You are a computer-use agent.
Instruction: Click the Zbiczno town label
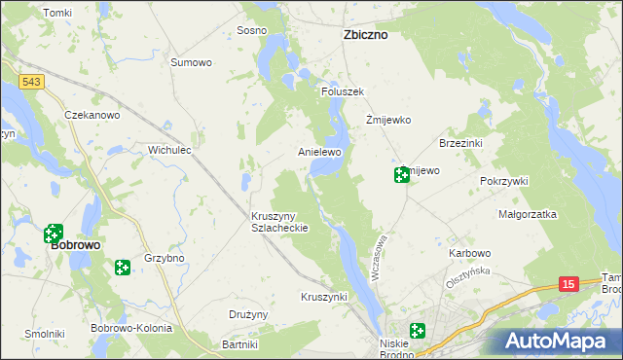[366, 34]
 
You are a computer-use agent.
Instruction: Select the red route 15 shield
[569, 283]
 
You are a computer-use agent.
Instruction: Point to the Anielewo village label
[319, 153]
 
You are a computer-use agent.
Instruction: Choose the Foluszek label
[343, 91]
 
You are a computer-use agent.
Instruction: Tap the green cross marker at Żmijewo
[401, 175]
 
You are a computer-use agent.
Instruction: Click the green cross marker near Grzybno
[122, 267]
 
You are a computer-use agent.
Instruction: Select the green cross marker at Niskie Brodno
[418, 332]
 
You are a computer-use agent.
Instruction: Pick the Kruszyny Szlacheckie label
[279, 221]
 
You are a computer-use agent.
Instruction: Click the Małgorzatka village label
[527, 213]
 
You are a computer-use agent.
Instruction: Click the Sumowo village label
[191, 63]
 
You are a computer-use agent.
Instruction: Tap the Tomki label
[58, 13]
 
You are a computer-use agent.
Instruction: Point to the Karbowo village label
[469, 253]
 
